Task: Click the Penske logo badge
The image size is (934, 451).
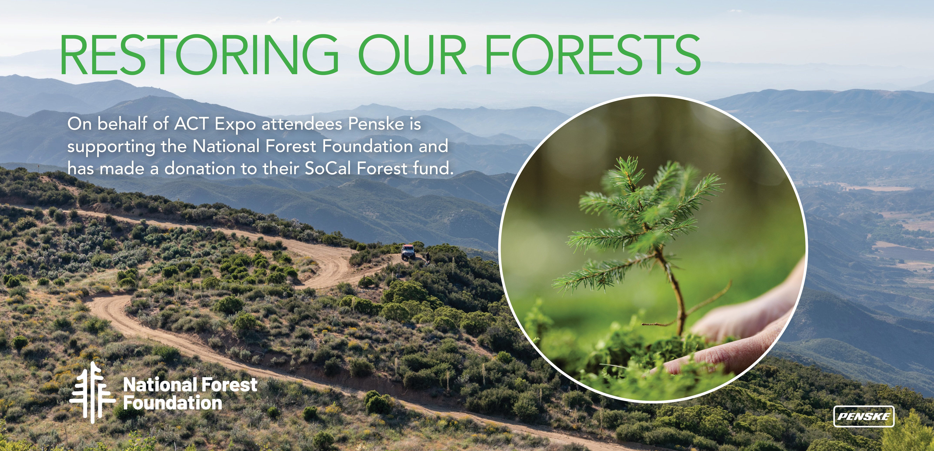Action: tap(864, 416)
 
